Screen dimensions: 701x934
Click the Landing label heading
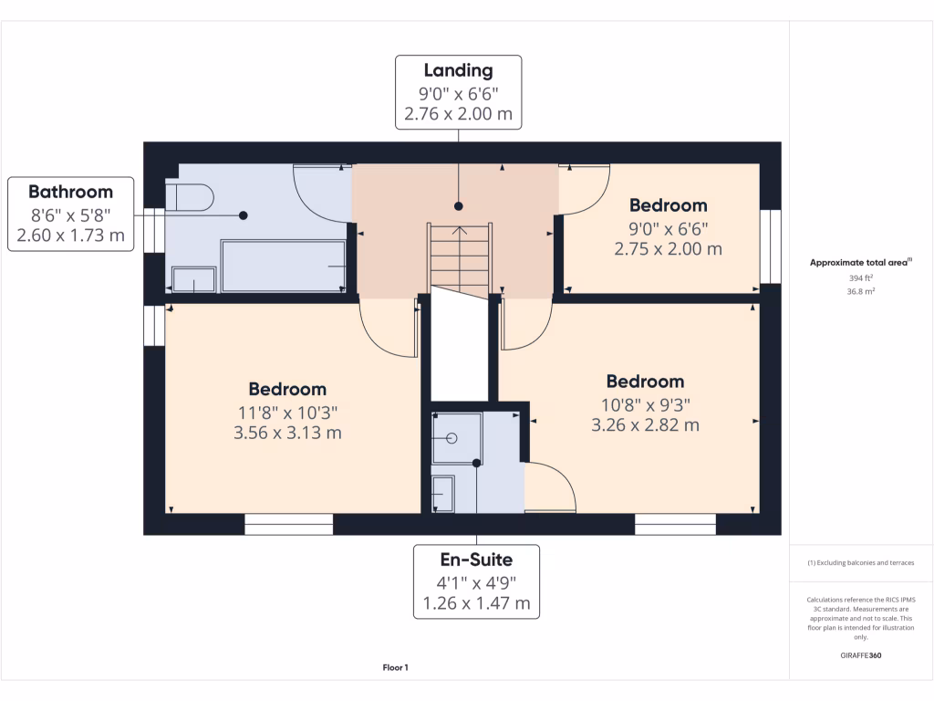458,70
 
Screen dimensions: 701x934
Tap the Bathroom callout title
70,192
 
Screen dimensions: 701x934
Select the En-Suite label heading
475,560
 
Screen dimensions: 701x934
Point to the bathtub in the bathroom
283,266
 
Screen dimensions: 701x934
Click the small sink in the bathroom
194,279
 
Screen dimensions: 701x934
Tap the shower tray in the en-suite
456,437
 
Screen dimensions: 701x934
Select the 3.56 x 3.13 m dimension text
287,433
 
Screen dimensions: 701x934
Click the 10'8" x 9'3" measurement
646,404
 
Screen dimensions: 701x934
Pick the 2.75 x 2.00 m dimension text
669,249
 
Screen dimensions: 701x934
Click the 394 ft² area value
861,278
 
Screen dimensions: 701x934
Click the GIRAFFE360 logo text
861,655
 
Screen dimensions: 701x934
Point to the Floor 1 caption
395,668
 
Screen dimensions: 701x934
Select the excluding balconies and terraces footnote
861,563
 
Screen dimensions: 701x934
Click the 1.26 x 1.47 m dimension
475,603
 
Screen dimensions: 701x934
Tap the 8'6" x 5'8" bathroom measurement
70,214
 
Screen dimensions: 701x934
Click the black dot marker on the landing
458,206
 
